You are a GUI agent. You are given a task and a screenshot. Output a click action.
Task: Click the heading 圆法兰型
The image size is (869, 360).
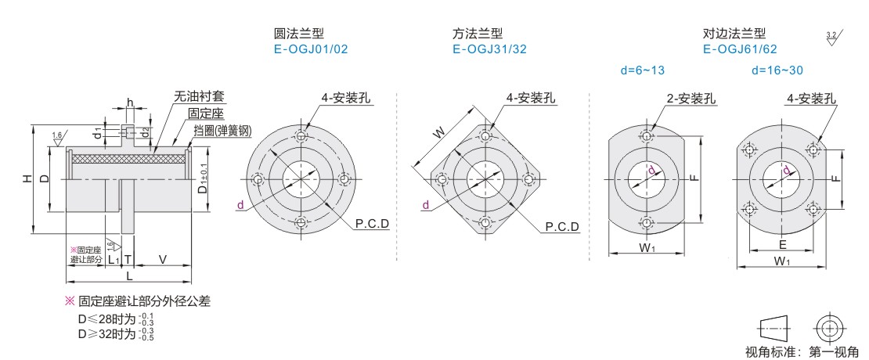click(x=298, y=34)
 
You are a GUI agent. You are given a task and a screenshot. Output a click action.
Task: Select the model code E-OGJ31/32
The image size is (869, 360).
click(x=489, y=49)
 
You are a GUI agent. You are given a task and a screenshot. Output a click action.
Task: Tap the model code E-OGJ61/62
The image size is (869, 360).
click(x=740, y=49)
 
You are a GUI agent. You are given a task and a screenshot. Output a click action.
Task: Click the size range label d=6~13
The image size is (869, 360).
click(x=642, y=70)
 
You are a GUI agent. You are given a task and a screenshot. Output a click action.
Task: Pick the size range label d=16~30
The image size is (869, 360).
click(x=777, y=70)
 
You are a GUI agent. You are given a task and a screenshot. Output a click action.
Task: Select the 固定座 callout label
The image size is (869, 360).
click(x=206, y=113)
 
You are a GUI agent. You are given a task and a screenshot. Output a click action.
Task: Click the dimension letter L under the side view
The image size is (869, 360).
click(x=129, y=276)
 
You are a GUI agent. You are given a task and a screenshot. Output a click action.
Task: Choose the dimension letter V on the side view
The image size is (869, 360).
click(x=162, y=259)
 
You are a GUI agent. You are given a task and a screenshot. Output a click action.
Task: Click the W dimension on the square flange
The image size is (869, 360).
click(x=440, y=133)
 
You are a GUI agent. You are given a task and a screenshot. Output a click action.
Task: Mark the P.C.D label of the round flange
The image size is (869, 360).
click(x=372, y=224)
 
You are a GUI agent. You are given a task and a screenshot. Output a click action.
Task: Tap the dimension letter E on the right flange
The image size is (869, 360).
click(x=782, y=245)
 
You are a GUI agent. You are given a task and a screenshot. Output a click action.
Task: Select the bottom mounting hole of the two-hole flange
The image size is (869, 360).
click(x=647, y=221)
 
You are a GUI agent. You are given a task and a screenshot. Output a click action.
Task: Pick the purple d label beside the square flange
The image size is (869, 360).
click(x=424, y=206)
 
